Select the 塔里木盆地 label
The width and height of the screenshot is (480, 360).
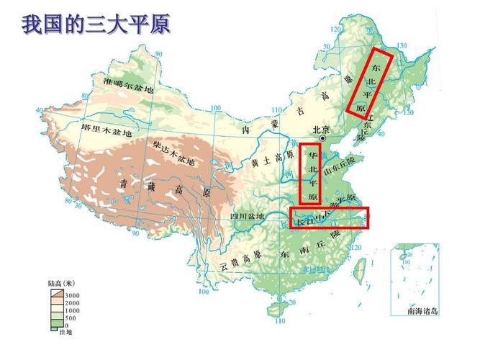(x=107, y=132)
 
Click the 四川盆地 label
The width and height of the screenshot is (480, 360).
(x=247, y=216)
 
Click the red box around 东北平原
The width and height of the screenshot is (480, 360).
(x=370, y=82)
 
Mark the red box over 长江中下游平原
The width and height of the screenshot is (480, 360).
(x=329, y=217)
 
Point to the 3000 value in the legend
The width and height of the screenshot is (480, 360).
(x=73, y=295)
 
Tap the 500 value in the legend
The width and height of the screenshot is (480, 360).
(x=71, y=317)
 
